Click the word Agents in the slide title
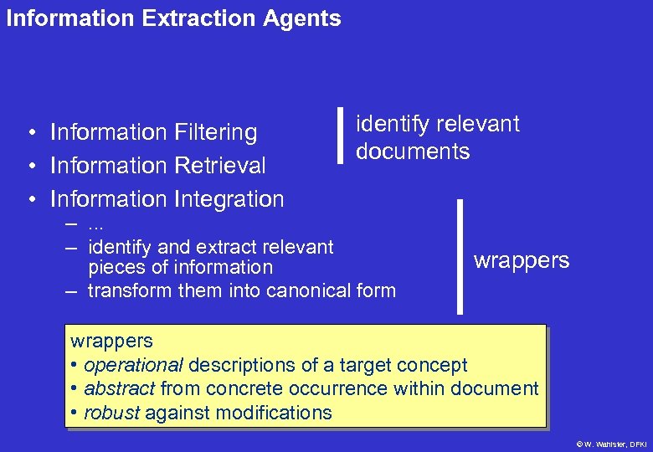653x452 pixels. [x=302, y=18]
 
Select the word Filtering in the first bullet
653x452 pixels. [x=216, y=132]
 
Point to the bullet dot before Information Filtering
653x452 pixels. [x=29, y=133]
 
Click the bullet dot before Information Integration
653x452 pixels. [x=29, y=200]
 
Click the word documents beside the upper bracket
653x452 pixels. [x=413, y=152]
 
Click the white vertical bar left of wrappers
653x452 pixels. [x=459, y=256]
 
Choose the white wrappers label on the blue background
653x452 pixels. [x=521, y=260]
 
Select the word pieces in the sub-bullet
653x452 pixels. [x=113, y=268]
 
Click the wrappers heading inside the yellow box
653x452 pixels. [x=111, y=341]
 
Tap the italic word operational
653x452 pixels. [x=133, y=365]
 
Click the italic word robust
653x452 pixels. [x=113, y=413]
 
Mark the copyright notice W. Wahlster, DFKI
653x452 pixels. [x=611, y=443]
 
